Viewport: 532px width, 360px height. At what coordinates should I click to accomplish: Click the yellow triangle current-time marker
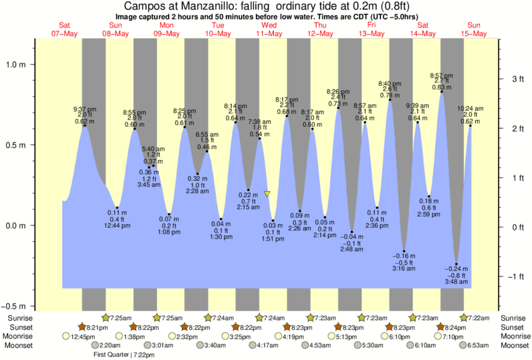point(267,194)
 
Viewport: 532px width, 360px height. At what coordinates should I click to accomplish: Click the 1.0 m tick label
point(16,65)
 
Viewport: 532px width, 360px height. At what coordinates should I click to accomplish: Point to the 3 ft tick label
point(517,79)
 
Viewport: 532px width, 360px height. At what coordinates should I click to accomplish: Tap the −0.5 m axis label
point(14,306)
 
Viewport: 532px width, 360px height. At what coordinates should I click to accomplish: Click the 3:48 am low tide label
point(457,283)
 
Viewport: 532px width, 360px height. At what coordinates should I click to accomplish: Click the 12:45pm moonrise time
point(85,337)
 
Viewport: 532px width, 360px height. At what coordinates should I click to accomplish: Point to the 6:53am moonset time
point(478,346)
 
